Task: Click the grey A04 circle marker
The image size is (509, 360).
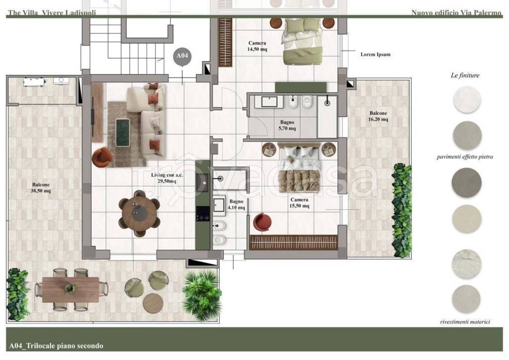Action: coord(182,56)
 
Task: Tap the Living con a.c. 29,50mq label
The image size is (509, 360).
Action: coord(167,178)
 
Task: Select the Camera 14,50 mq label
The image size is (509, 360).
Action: coord(257,46)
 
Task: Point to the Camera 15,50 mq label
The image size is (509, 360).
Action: coord(299,203)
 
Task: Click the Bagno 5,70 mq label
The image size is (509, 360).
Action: coord(287,125)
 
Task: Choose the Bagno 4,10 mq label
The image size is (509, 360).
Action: coord(236,204)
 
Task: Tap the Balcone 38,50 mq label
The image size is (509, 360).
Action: coord(41,187)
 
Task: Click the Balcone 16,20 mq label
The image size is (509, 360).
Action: coord(378,116)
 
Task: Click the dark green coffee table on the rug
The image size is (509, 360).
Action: coord(123,132)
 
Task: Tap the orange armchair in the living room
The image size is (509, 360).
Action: coord(102,157)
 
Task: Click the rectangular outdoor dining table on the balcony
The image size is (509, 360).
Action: coord(71,289)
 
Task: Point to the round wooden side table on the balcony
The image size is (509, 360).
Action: coord(153,303)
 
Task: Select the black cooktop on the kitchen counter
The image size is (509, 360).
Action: coord(203,214)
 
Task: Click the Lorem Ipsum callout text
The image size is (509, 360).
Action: coord(375,55)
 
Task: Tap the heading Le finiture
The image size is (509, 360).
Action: coord(465,75)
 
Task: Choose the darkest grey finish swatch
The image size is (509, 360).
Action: coord(466,182)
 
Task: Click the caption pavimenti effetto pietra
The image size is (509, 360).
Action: coord(465,157)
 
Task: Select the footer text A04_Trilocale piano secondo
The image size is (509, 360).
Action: coord(56,346)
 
